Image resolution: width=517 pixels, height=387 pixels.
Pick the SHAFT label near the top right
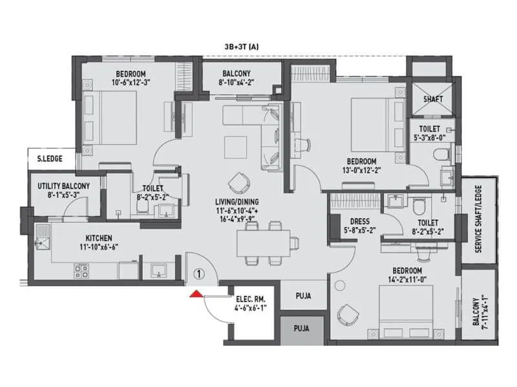432,99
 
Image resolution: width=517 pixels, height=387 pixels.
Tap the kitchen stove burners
83,273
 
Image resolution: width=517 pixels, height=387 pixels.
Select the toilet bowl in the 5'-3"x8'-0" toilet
442,154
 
